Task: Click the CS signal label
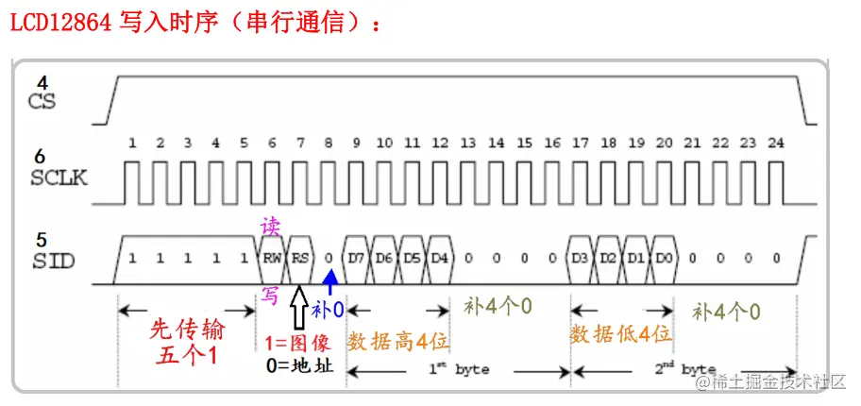coord(42,101)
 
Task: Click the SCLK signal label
coord(59,178)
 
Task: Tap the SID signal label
coord(53,258)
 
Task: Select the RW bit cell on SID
coord(272,257)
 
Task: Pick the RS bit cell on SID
coord(300,257)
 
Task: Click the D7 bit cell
coord(356,257)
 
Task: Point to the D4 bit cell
coord(439,257)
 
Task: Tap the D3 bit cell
coord(581,257)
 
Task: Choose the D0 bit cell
coord(665,257)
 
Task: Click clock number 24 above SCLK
coord(775,144)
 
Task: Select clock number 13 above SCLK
coord(468,144)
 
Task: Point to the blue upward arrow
coord(329,281)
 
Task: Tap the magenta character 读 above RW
coord(270,227)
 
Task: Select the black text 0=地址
coord(297,365)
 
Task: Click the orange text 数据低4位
coord(620,334)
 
